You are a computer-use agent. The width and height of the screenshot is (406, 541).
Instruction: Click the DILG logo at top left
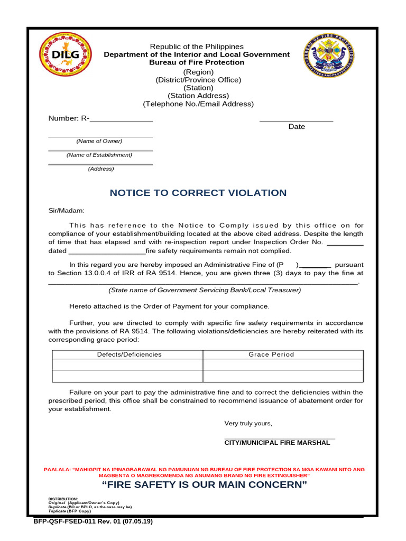pyautogui.click(x=66, y=55)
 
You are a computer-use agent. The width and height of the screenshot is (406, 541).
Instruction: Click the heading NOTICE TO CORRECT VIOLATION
pyautogui.click(x=198, y=193)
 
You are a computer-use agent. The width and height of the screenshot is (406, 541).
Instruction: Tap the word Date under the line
pyautogui.click(x=297, y=127)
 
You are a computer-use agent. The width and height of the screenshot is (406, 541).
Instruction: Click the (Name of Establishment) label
pyautogui.click(x=99, y=155)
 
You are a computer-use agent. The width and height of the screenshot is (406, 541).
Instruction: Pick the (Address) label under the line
pyautogui.click(x=100, y=169)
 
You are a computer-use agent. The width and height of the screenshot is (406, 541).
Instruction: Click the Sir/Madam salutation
pyautogui.click(x=67, y=210)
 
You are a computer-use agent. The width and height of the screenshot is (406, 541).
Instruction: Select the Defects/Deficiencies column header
pyautogui.click(x=129, y=355)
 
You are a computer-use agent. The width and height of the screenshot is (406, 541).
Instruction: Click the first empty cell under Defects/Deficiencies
pyautogui.click(x=127, y=365)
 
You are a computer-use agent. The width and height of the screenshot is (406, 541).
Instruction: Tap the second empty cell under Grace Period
pyautogui.click(x=283, y=376)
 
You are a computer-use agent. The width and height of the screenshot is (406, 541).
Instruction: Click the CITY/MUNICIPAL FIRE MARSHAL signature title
pyautogui.click(x=277, y=443)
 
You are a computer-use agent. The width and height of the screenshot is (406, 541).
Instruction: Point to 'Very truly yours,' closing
pyautogui.click(x=248, y=424)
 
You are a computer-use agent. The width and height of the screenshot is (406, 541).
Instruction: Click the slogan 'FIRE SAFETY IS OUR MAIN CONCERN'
pyautogui.click(x=204, y=485)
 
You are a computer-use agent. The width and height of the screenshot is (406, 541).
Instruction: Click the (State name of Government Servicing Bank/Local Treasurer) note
pyautogui.click(x=205, y=290)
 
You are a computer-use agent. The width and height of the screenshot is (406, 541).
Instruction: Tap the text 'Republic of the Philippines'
pyautogui.click(x=197, y=47)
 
